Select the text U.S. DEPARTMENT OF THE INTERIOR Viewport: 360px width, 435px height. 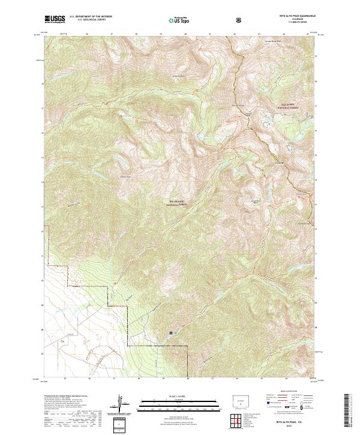91,17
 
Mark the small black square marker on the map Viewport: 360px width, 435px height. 170,332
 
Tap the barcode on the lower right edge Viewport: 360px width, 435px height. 346,411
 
